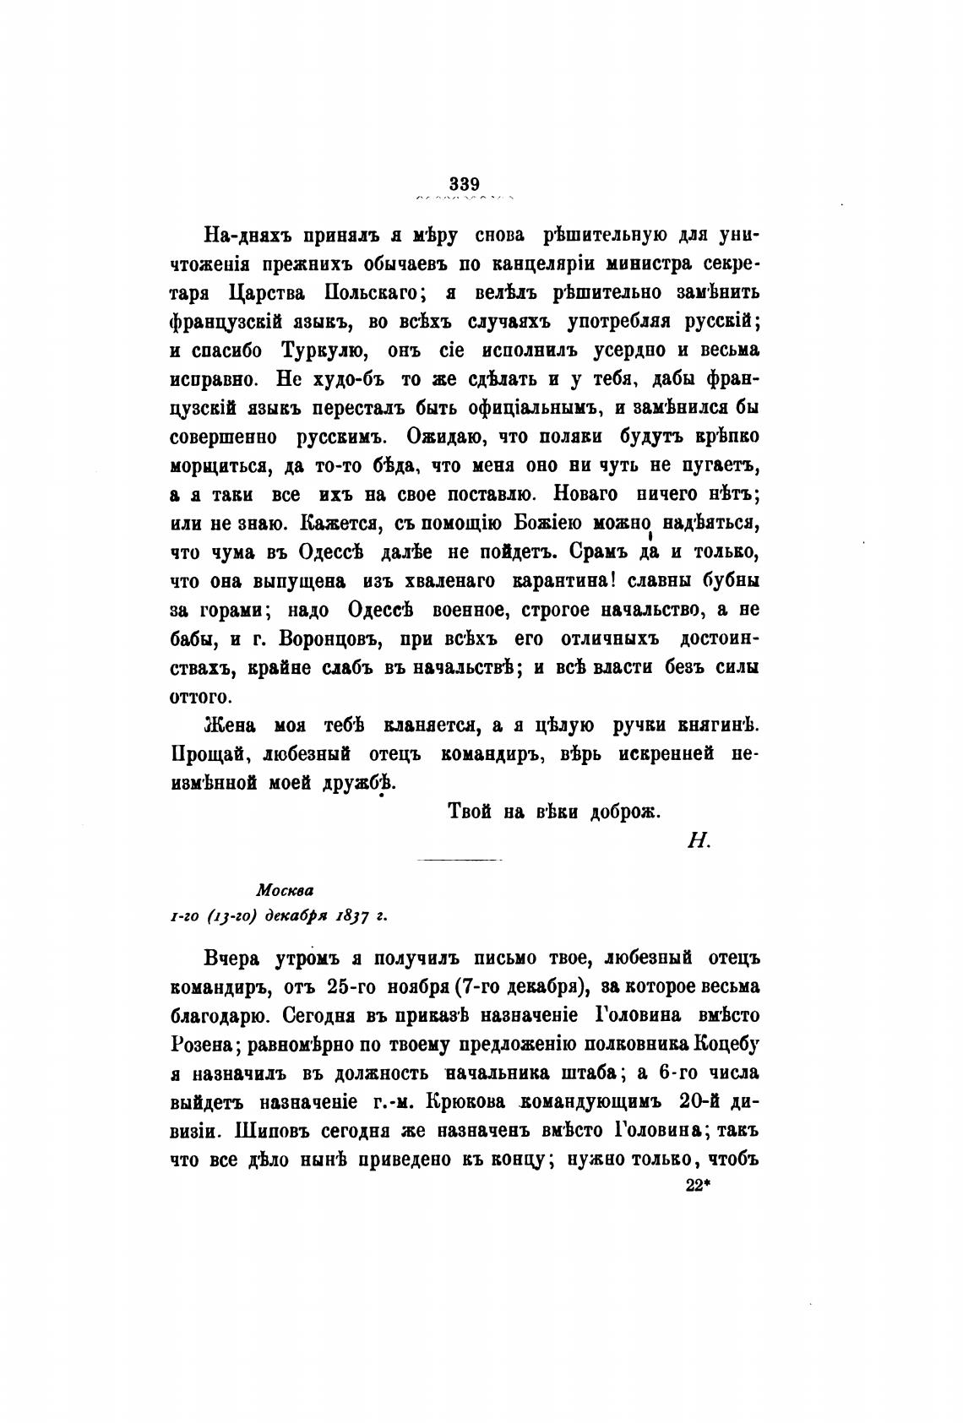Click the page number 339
(x=465, y=183)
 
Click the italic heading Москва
(x=285, y=889)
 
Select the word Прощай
(x=202, y=753)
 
